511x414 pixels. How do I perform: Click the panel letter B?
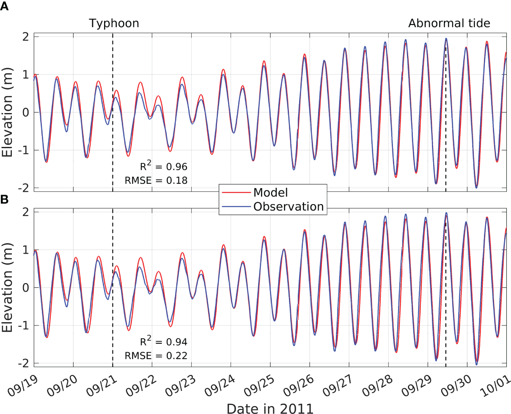[x=4, y=199]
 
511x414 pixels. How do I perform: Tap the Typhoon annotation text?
[x=114, y=23]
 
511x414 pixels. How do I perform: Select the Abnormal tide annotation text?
[x=449, y=23]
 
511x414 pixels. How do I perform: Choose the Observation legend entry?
[x=288, y=207]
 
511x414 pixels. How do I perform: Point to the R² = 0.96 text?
[x=163, y=166]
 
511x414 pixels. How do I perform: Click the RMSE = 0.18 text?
[x=156, y=181]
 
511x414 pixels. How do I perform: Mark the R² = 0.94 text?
[x=163, y=342]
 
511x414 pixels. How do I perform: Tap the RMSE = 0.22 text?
[x=156, y=356]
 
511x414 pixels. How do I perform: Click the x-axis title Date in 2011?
[x=270, y=408]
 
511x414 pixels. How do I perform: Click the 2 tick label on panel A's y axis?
[x=26, y=36]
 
